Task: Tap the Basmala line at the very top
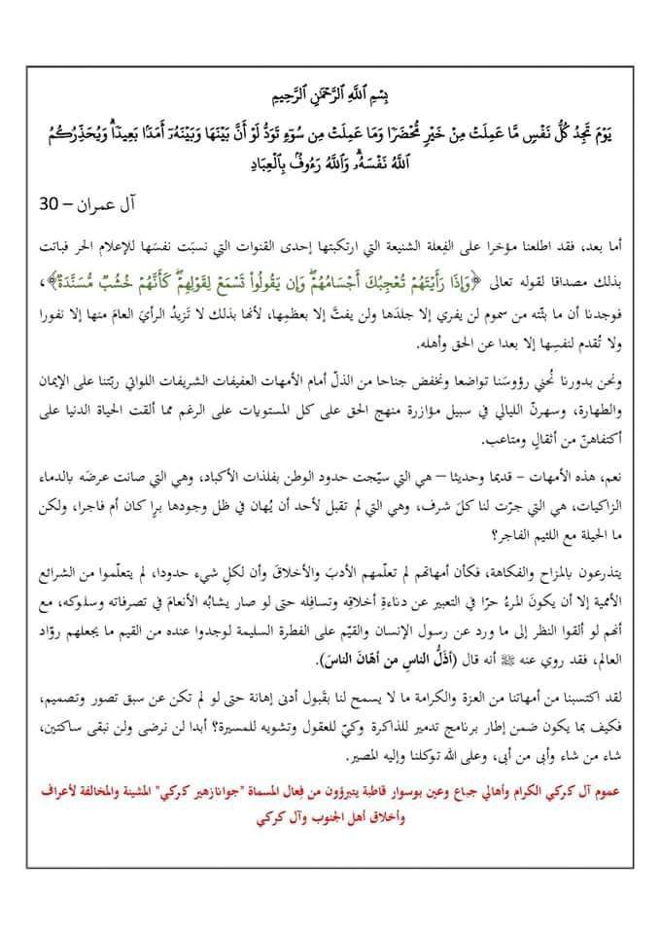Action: pyautogui.click(x=331, y=100)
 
